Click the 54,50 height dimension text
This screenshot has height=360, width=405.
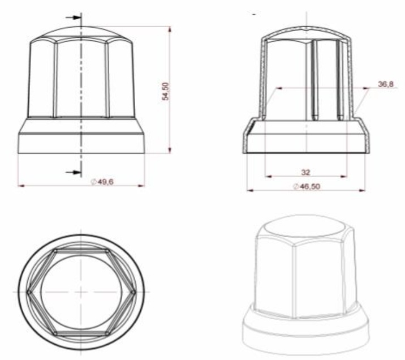(165, 91)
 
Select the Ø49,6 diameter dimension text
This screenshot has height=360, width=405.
(102, 182)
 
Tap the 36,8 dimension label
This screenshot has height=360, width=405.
(385, 84)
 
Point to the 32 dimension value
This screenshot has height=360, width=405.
(305, 172)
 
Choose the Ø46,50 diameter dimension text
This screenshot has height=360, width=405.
(307, 186)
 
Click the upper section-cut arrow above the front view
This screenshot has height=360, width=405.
(74, 18)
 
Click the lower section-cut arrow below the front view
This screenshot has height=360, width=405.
(74, 172)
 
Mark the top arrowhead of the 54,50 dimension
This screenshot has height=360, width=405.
(170, 29)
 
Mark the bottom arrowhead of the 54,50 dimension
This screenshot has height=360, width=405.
(170, 150)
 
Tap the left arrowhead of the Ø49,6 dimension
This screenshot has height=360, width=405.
(21, 186)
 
